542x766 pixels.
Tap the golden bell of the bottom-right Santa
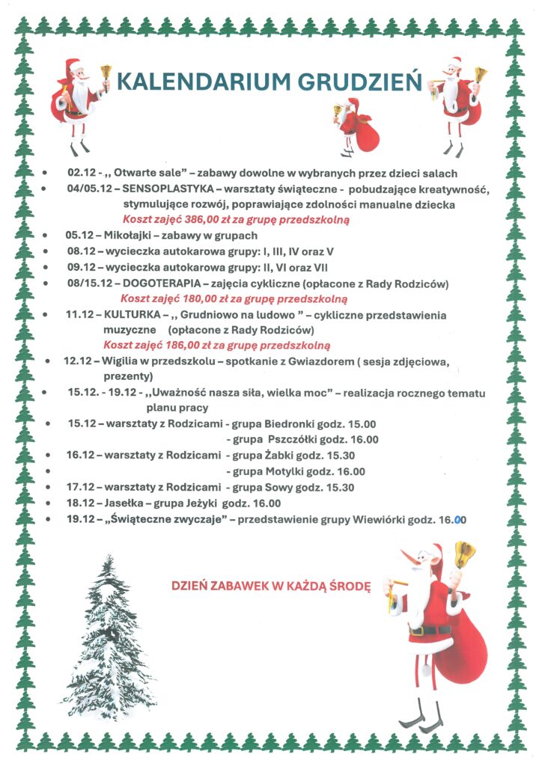(x=465, y=554)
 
